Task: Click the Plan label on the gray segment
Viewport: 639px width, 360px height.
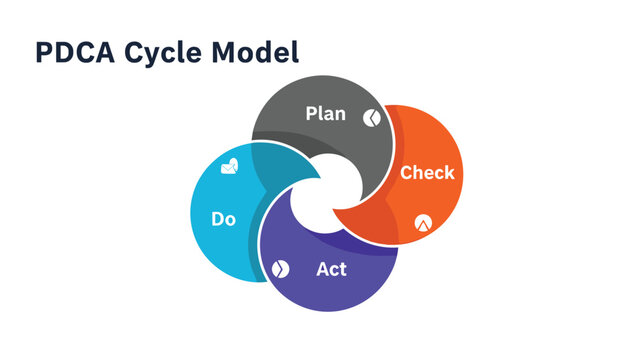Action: tap(325, 114)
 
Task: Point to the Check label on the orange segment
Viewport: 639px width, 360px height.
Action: tap(427, 173)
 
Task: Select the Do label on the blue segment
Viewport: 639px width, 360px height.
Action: tap(224, 218)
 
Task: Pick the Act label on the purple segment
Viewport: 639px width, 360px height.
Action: tap(331, 269)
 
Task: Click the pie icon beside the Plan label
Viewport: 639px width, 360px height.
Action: tap(370, 117)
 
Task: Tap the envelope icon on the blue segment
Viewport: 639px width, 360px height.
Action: tap(230, 166)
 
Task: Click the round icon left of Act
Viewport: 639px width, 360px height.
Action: tap(280, 269)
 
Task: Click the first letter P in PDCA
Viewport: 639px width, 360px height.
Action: tap(44, 52)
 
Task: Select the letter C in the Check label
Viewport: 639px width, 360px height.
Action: tap(406, 173)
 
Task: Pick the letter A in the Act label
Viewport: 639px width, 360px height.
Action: tap(322, 269)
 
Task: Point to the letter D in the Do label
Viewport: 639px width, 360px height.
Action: tap(218, 218)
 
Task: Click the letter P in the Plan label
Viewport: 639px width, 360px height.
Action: tap(311, 114)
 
